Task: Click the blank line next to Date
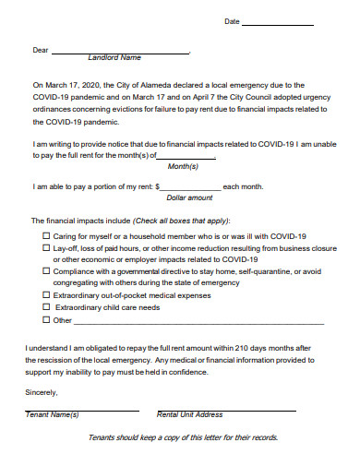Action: [276, 24]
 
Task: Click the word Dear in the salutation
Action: [41, 50]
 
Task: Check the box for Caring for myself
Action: [46, 236]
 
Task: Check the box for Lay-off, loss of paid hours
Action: [46, 249]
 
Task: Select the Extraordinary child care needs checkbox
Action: [46, 308]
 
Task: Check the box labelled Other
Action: [46, 320]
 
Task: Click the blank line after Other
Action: [198, 323]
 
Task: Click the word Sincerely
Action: [42, 392]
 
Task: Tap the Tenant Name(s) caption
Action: [52, 414]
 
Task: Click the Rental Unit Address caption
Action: [190, 414]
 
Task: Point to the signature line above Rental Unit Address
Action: [225, 409]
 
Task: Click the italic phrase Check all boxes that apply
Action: [181, 221]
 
